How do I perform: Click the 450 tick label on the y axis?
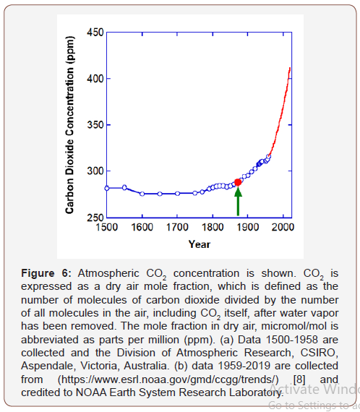95,33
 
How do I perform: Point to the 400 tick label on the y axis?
95,79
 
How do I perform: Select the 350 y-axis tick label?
95,125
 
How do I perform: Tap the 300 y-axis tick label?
95,171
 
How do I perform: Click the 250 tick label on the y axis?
95,216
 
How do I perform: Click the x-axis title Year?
199,244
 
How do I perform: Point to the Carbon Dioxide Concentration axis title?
70,124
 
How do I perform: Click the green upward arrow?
238,202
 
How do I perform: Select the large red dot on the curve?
238,182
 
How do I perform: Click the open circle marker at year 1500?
107,188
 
